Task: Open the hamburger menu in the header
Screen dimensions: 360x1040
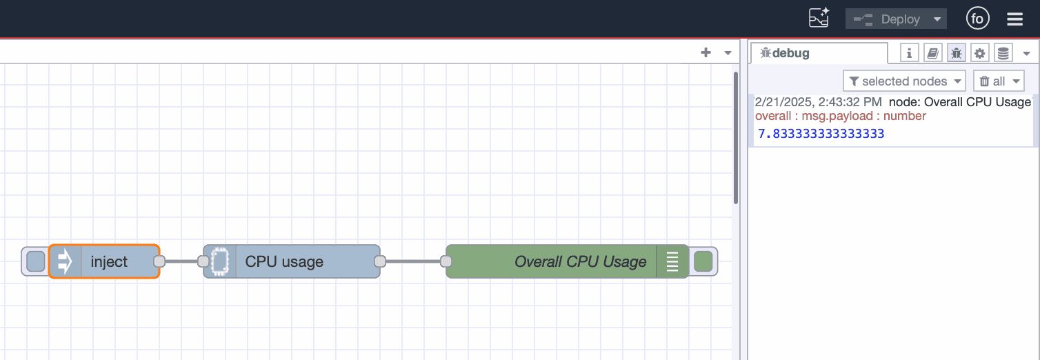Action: click(x=1014, y=19)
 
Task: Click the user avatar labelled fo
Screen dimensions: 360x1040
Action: click(x=977, y=19)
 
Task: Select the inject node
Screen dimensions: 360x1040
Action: click(x=109, y=261)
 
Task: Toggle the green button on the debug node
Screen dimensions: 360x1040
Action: click(x=703, y=261)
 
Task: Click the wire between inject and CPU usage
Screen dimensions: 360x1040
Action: click(x=181, y=261)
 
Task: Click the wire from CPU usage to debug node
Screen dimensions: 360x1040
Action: click(x=413, y=261)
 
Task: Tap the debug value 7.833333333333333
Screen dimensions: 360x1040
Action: click(x=821, y=134)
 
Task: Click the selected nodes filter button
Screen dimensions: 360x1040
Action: click(x=904, y=81)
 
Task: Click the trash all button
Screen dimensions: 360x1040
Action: click(x=998, y=81)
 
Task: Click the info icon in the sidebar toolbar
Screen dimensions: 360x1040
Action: click(x=910, y=53)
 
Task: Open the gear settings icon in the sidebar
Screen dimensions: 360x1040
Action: click(x=980, y=53)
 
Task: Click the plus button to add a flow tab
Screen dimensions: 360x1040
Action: click(x=706, y=52)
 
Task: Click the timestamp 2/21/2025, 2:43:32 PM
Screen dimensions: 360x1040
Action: click(x=818, y=102)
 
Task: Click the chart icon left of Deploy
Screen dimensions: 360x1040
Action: click(x=819, y=19)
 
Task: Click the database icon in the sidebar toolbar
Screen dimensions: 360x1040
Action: click(x=1003, y=53)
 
